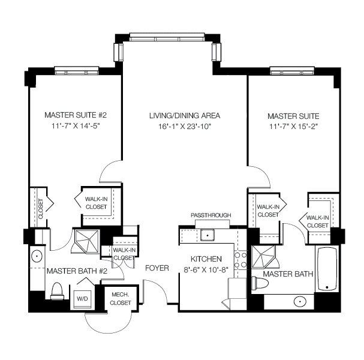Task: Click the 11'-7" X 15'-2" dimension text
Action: [293, 126]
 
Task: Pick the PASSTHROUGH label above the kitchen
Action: [210, 215]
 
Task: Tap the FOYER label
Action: [157, 268]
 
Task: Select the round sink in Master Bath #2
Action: [37, 256]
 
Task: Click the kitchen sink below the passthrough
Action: [208, 235]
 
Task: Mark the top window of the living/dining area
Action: [167, 37]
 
